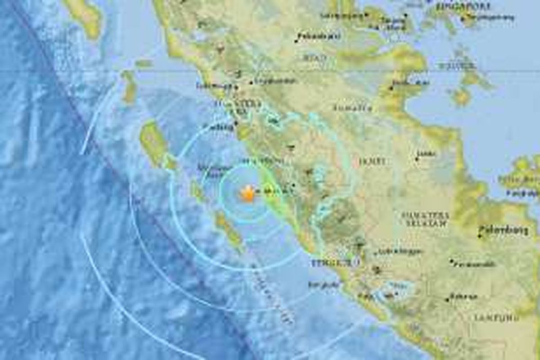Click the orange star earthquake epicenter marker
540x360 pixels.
[247, 194]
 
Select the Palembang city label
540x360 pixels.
[503, 230]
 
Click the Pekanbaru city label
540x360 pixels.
[315, 36]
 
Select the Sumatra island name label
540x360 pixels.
[353, 108]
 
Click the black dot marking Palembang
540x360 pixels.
[480, 235]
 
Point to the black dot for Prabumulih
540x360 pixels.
[451, 261]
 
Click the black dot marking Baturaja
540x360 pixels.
[448, 299]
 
